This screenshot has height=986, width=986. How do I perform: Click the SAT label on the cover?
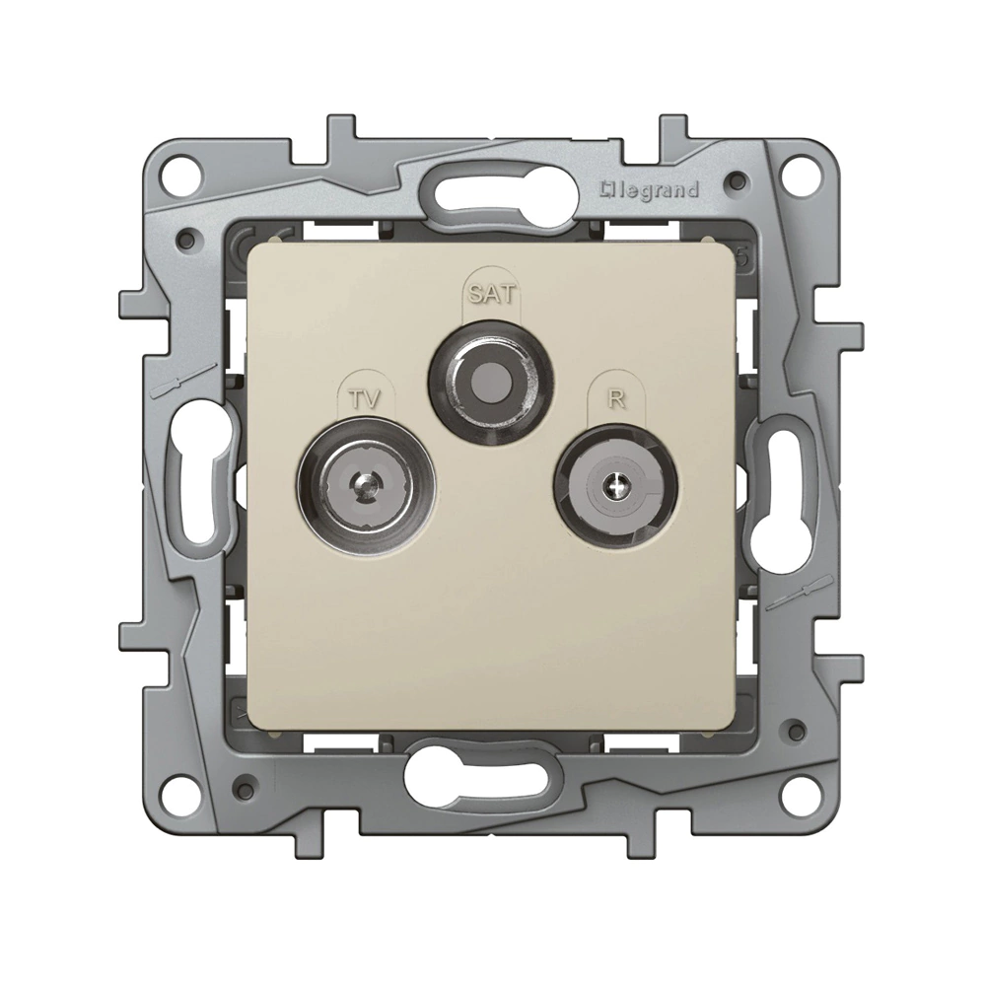[x=491, y=294]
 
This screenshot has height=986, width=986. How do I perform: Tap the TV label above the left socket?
[x=365, y=398]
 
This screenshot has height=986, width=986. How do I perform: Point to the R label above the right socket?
[x=617, y=398]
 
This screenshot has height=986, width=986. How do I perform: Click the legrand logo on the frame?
[x=650, y=190]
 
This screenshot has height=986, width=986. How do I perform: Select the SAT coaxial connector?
[x=491, y=382]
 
